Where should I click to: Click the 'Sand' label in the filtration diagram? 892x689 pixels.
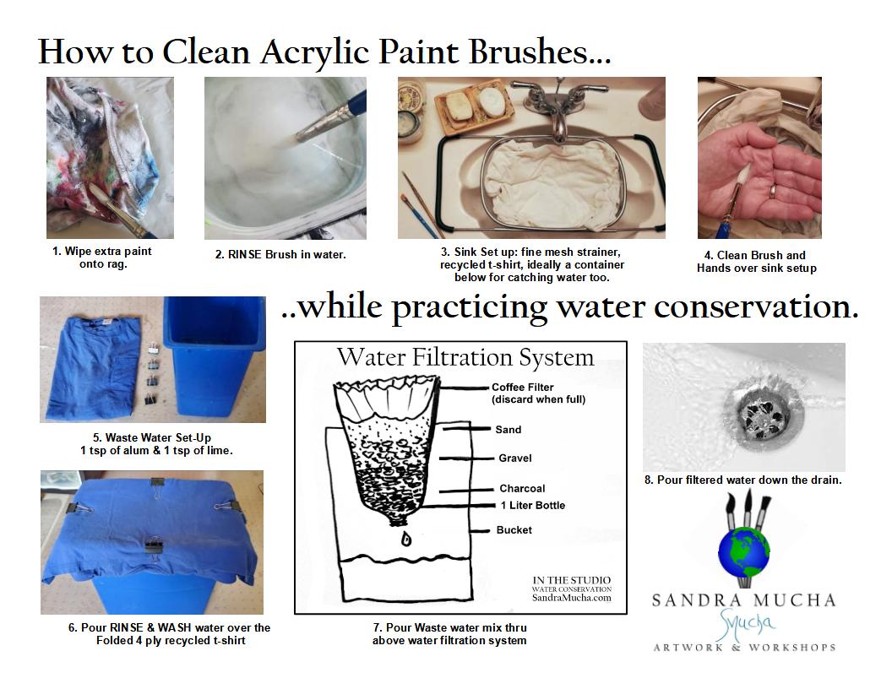tap(508, 430)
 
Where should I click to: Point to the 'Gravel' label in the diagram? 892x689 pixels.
tap(514, 458)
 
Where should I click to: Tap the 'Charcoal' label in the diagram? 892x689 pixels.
tap(522, 488)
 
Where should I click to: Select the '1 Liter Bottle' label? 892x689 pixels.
tap(533, 506)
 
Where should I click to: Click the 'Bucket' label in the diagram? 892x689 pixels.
tap(514, 529)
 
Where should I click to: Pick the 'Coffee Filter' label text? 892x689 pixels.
tap(523, 387)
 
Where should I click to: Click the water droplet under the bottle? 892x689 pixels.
tap(406, 538)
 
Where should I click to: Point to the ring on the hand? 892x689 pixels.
tap(775, 191)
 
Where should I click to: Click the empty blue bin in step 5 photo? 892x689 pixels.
tap(214, 358)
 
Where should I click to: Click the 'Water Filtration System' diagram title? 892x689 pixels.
tap(465, 357)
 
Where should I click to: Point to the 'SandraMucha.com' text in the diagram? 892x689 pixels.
tap(572, 598)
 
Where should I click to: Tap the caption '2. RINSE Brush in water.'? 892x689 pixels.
tap(280, 255)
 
